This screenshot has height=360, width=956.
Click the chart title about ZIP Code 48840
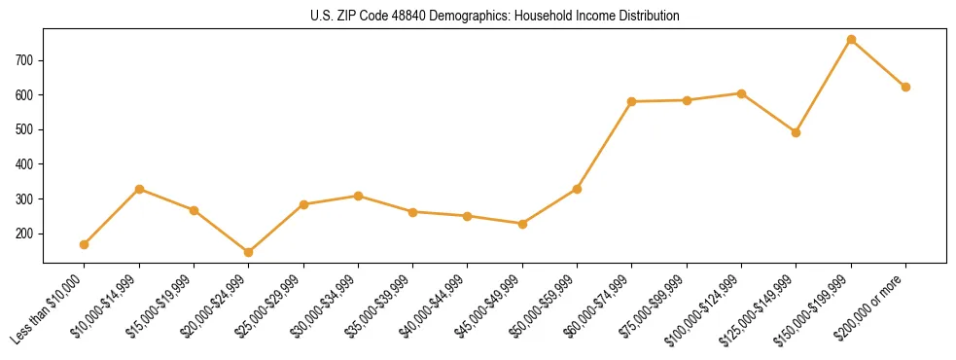(x=494, y=16)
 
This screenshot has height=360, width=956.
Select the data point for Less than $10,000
(x=85, y=244)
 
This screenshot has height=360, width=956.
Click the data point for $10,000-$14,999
(x=139, y=189)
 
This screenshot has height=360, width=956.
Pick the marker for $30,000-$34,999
(x=359, y=196)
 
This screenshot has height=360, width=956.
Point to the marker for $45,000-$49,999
(x=523, y=224)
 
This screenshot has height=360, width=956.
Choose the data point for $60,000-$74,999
(x=632, y=101)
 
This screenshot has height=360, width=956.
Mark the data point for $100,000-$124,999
(x=742, y=93)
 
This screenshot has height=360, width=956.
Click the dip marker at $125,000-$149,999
(x=797, y=132)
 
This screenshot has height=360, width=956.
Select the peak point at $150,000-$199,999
(x=851, y=39)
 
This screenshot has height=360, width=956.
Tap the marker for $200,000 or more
(x=905, y=87)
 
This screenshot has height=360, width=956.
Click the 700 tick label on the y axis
(x=25, y=60)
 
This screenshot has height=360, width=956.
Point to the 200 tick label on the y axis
(x=25, y=234)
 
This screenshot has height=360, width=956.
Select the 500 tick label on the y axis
(x=25, y=129)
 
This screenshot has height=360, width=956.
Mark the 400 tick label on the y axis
(x=25, y=164)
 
